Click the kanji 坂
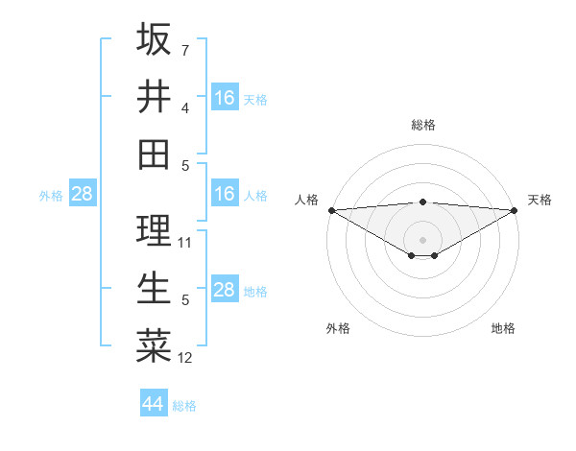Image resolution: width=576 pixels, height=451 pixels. (x=154, y=39)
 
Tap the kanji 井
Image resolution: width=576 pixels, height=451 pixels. (x=154, y=97)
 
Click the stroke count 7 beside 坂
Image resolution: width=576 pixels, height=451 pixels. (x=185, y=50)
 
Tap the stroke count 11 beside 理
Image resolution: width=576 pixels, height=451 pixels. (x=185, y=243)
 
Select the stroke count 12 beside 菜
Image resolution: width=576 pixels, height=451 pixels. (x=185, y=358)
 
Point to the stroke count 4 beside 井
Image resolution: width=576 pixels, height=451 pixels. (x=185, y=107)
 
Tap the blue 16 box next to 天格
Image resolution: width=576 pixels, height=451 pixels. (x=225, y=97)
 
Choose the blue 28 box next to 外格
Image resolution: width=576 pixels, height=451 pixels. (x=82, y=194)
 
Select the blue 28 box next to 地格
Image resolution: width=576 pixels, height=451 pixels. (x=225, y=290)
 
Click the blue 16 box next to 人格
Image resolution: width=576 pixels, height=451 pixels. (x=225, y=194)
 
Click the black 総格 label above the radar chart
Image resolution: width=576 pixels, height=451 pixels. (x=422, y=125)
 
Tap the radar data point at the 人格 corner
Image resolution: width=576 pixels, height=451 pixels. (x=331, y=210)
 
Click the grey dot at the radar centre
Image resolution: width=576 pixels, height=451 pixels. (x=422, y=239)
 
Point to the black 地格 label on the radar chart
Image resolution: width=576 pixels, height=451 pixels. (x=503, y=329)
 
